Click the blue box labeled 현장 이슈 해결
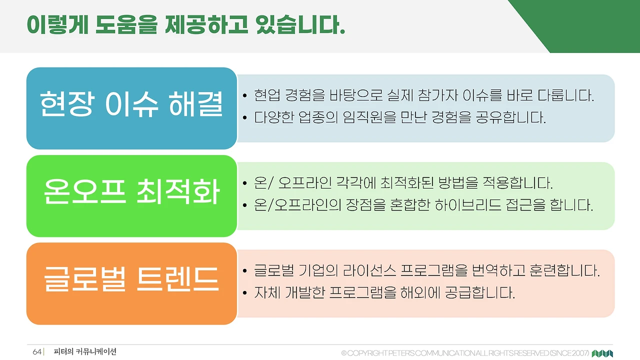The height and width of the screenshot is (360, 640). tap(131, 108)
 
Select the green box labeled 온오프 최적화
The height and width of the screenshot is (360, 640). tap(131, 195)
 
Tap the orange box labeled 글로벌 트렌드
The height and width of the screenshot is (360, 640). tap(131, 283)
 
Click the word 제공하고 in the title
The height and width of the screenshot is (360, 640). tap(206, 24)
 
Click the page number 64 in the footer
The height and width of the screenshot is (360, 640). tap(37, 352)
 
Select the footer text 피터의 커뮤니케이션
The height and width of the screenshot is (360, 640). tap(85, 352)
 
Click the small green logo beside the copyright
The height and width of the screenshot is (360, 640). tap(602, 353)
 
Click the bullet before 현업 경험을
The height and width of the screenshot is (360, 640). tap(244, 96)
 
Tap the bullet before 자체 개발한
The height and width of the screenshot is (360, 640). tap(244, 292)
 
